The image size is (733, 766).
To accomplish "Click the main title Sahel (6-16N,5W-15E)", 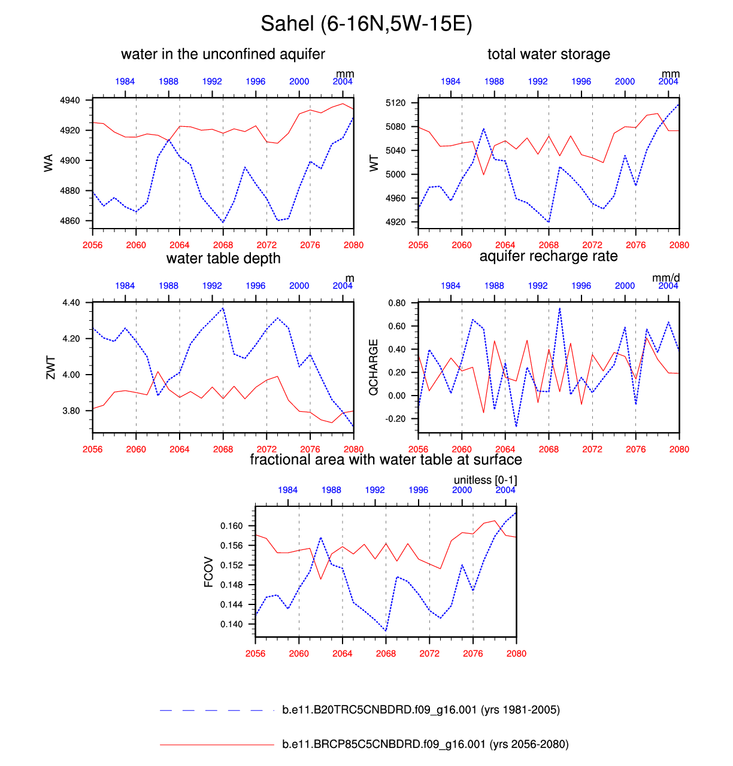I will pyautogui.click(x=366, y=24).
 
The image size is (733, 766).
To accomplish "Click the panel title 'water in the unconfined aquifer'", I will pyautogui.click(x=223, y=54).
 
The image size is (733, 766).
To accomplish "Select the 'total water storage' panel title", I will pyautogui.click(x=549, y=54).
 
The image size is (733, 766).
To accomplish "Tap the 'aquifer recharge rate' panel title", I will pyautogui.click(x=549, y=256).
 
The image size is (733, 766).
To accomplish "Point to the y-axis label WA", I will pyautogui.click(x=49, y=163).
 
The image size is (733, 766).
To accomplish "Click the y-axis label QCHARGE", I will pyautogui.click(x=374, y=367).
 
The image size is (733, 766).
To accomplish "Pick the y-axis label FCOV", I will pyautogui.click(x=208, y=572).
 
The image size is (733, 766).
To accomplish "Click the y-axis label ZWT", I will pyautogui.click(x=50, y=367).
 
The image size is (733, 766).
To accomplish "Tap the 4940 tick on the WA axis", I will pyautogui.click(x=70, y=101).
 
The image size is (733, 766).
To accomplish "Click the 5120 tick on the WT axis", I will pyautogui.click(x=396, y=103).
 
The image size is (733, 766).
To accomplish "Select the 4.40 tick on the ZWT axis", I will pyautogui.click(x=71, y=303).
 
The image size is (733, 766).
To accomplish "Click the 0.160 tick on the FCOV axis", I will pyautogui.click(x=232, y=526).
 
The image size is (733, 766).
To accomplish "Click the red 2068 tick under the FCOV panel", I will pyautogui.click(x=386, y=653).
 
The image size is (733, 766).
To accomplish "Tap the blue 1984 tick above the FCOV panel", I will pyautogui.click(x=287, y=490).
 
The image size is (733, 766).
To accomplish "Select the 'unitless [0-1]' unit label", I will pyautogui.click(x=485, y=480).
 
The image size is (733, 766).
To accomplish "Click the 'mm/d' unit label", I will pyautogui.click(x=666, y=278).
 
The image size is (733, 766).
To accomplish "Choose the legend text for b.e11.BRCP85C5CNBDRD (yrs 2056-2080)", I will pyautogui.click(x=425, y=744).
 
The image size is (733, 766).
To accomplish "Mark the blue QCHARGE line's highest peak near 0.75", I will pyautogui.click(x=560, y=308).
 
